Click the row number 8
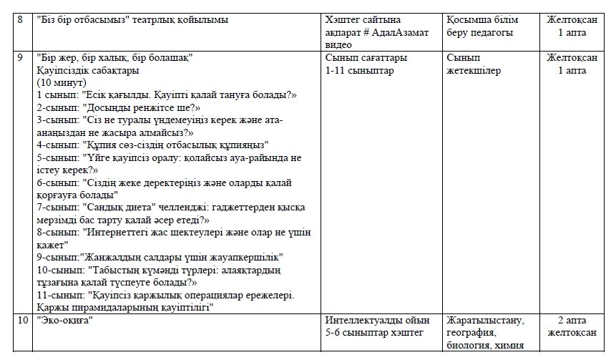21,19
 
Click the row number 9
21,57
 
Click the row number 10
23,321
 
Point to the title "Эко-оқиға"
66,321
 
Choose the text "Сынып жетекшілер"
473,64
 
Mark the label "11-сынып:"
60,294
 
